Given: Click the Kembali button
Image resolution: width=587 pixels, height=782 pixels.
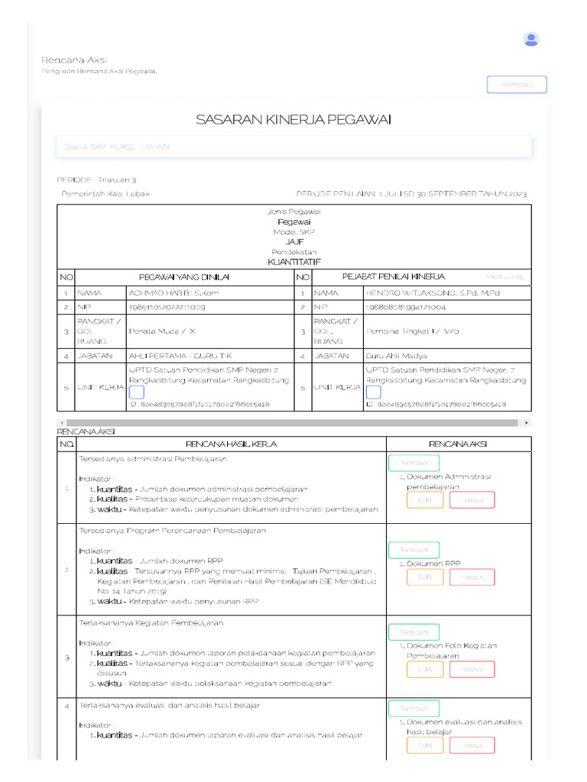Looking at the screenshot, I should [x=517, y=85].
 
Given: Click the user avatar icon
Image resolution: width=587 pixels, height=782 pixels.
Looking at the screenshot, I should [x=531, y=39].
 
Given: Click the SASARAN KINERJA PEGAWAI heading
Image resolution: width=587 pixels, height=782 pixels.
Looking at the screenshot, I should [x=293, y=119].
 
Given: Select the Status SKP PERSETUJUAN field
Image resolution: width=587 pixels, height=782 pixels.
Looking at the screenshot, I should [x=293, y=146].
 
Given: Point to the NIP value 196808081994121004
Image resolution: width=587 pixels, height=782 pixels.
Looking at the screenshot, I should [x=406, y=306].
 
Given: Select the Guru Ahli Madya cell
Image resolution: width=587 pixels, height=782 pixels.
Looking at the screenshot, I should [x=397, y=356].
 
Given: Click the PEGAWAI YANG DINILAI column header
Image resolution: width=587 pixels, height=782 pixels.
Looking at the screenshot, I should [x=184, y=276].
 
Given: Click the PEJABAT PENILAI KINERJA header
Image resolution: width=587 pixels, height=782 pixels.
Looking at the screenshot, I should [x=394, y=276].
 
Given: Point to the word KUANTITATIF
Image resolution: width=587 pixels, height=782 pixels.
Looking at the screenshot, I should [x=294, y=261].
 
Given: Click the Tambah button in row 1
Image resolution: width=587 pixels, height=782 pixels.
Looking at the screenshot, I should [x=413, y=463].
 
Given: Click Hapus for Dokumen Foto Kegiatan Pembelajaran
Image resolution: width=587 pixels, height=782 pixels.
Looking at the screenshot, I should [x=472, y=670].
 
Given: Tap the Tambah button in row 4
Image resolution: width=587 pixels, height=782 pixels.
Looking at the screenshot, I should [x=413, y=709].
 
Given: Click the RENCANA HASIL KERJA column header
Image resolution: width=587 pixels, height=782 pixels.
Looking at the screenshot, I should [x=231, y=444].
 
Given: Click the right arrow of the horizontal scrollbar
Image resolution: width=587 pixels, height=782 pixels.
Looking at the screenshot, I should [x=527, y=422].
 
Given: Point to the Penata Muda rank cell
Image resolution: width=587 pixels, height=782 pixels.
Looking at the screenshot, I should [x=163, y=332].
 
